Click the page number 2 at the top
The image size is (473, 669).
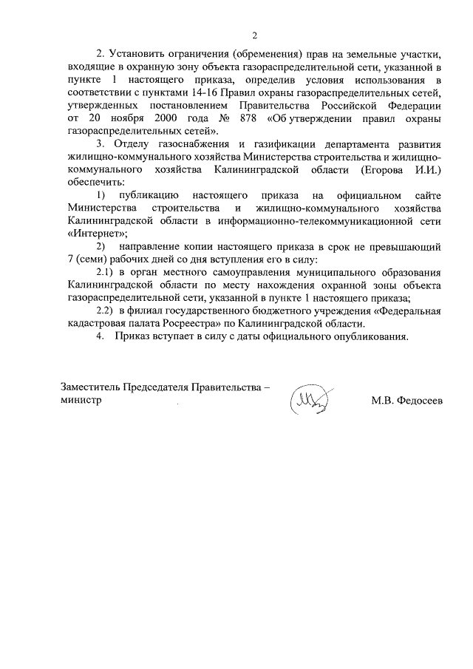pos(254,35)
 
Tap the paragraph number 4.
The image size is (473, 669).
pos(100,336)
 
